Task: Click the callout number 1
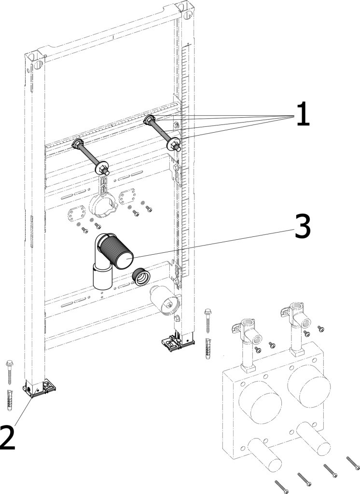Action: point(303,114)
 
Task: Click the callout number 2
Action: point(7,438)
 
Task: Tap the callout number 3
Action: point(302,226)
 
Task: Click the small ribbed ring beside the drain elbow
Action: point(140,276)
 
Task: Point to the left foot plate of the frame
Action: point(39,387)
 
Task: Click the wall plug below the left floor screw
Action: point(10,400)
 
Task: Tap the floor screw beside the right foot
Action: point(208,320)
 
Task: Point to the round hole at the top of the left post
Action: point(38,65)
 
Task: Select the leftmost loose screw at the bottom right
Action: point(281,487)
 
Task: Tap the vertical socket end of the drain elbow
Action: point(103,276)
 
